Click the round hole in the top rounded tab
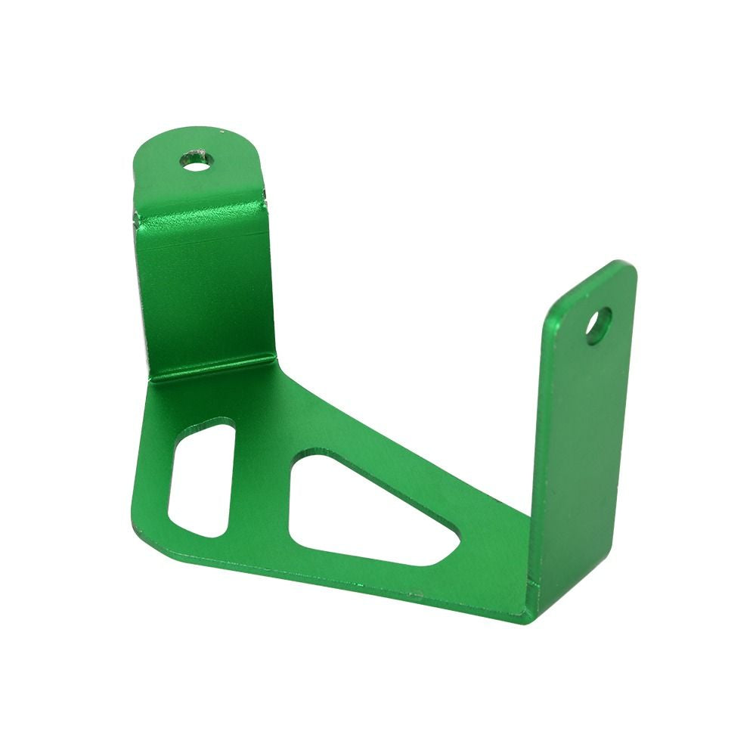coord(196,160)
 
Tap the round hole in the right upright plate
coord(599,325)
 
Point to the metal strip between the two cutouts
coord(261,491)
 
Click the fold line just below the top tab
coord(200,215)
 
